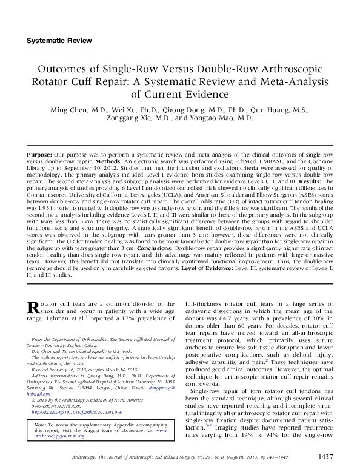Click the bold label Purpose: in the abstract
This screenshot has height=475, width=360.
coord(42,156)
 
